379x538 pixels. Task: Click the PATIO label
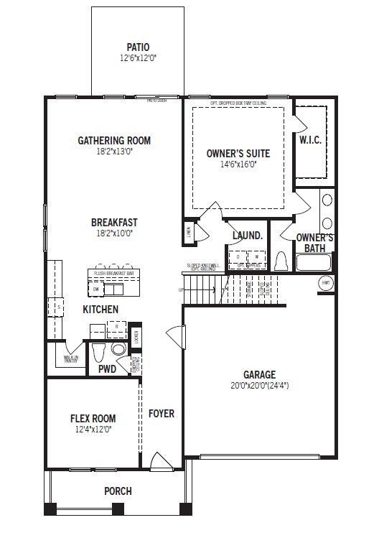[x=138, y=47]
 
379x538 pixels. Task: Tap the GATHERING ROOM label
[x=114, y=141]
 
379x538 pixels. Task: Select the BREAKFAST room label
[x=114, y=223]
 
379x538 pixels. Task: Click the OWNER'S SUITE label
[x=238, y=154]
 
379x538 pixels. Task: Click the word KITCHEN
[x=100, y=310]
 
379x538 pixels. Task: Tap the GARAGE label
[x=259, y=374]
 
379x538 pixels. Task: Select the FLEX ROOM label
[x=93, y=419]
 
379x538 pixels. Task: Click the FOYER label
[x=162, y=414]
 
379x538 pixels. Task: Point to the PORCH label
[x=118, y=492]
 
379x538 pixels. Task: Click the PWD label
[x=107, y=369]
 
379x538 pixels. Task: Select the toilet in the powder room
[x=100, y=351]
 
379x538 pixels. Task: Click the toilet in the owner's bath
[x=282, y=261]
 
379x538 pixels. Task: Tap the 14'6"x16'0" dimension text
[x=238, y=164]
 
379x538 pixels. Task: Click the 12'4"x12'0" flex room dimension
[x=93, y=430]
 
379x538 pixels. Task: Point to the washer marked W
[x=256, y=256]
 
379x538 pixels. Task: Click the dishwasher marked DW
[x=95, y=289]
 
